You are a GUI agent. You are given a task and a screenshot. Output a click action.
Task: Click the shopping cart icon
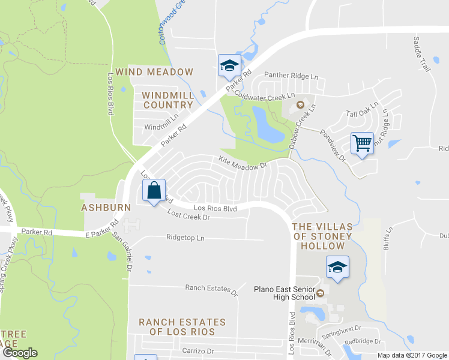coord(362,144)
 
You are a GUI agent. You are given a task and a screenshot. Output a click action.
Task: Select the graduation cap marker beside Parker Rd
coord(229,65)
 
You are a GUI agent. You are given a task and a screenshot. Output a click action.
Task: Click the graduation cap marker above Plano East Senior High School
coord(337,266)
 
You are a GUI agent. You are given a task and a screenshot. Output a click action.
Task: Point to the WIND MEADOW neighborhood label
coord(155,72)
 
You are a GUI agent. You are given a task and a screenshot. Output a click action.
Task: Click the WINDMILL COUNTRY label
coord(167,100)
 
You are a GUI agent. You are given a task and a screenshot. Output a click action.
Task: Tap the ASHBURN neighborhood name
coord(106,207)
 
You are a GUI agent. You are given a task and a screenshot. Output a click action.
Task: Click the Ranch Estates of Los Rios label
coord(182,327)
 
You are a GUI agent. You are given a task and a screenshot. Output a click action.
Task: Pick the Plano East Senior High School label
coord(284,293)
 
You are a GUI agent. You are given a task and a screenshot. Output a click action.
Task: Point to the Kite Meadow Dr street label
coord(243,163)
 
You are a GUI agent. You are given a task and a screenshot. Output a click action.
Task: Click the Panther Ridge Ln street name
coord(291,76)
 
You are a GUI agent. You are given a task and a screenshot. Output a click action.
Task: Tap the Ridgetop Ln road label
coord(185,238)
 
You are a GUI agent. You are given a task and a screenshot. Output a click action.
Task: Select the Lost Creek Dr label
coord(188,215)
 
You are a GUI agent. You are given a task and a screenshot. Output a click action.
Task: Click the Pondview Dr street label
coord(334,146)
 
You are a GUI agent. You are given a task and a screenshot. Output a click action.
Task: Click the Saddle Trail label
coord(422,54)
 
